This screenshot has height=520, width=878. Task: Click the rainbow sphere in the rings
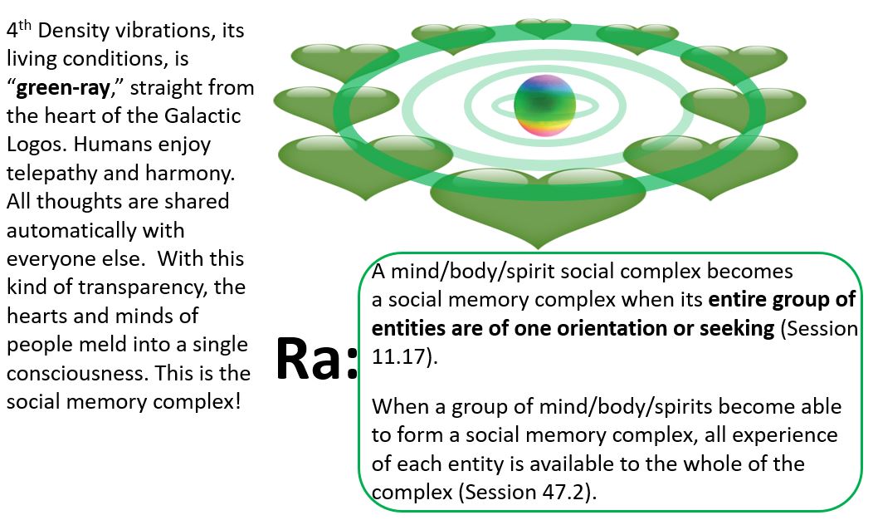(x=544, y=105)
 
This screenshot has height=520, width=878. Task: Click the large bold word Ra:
(x=316, y=359)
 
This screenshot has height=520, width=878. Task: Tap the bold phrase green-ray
(x=63, y=87)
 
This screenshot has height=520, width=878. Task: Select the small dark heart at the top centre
(x=544, y=27)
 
